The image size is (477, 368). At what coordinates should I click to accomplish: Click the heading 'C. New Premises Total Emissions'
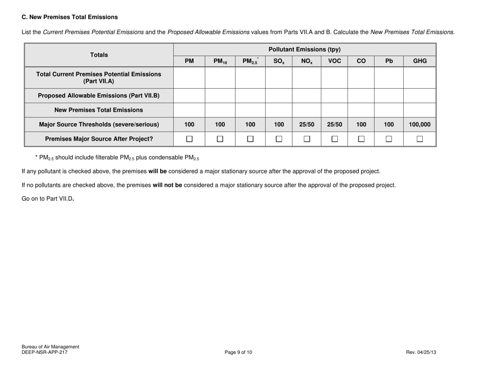tap(70, 17)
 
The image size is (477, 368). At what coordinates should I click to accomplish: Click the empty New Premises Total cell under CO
tap(361, 109)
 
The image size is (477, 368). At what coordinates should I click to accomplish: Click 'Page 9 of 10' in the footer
tap(238, 352)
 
